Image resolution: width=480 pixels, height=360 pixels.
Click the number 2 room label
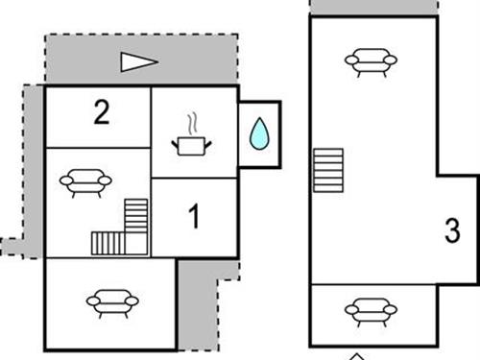(x=101, y=113)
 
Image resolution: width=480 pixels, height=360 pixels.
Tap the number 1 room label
(x=194, y=218)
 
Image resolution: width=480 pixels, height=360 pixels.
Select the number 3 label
(x=453, y=230)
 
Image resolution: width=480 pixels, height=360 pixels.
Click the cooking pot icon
(x=191, y=145)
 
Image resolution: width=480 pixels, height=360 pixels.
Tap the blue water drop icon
(x=258, y=134)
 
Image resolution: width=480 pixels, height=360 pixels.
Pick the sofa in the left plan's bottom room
(x=111, y=302)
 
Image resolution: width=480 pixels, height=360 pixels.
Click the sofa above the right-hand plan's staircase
(x=371, y=63)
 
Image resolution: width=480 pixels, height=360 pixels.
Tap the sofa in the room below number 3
(x=371, y=311)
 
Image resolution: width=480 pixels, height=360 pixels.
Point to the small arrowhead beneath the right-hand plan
(x=357, y=356)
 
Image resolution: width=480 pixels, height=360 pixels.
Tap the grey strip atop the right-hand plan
(x=375, y=7)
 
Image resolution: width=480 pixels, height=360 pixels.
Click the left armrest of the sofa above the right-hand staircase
(x=350, y=62)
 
